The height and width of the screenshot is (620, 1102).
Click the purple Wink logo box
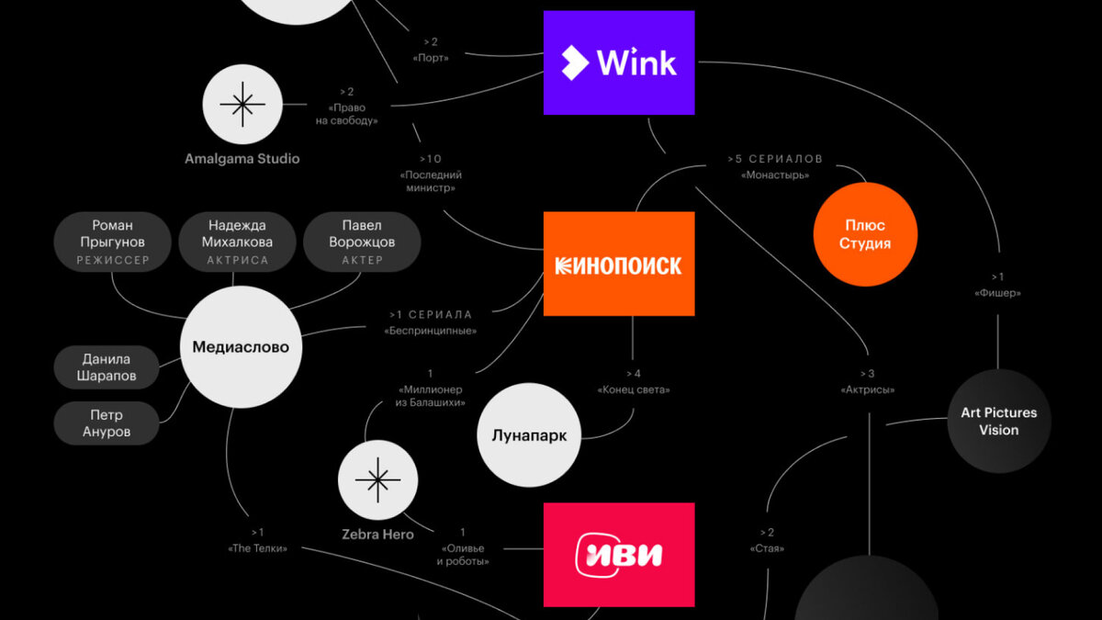[619, 62]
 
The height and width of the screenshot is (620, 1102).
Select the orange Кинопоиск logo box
[619, 265]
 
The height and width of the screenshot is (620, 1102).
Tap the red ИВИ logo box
[619, 555]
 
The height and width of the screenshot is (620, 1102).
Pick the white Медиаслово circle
[241, 347]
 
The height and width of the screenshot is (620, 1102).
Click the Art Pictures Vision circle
[998, 421]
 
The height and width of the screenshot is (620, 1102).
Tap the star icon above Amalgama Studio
[242, 104]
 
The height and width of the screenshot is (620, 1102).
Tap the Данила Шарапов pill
[107, 367]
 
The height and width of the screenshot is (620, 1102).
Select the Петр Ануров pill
[107, 423]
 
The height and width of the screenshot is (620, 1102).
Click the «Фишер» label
[997, 293]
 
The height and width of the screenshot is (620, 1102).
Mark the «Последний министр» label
[430, 181]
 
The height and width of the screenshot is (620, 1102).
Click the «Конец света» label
[634, 389]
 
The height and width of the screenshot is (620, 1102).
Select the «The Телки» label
[257, 548]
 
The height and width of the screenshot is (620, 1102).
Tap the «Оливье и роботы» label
[461, 554]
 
